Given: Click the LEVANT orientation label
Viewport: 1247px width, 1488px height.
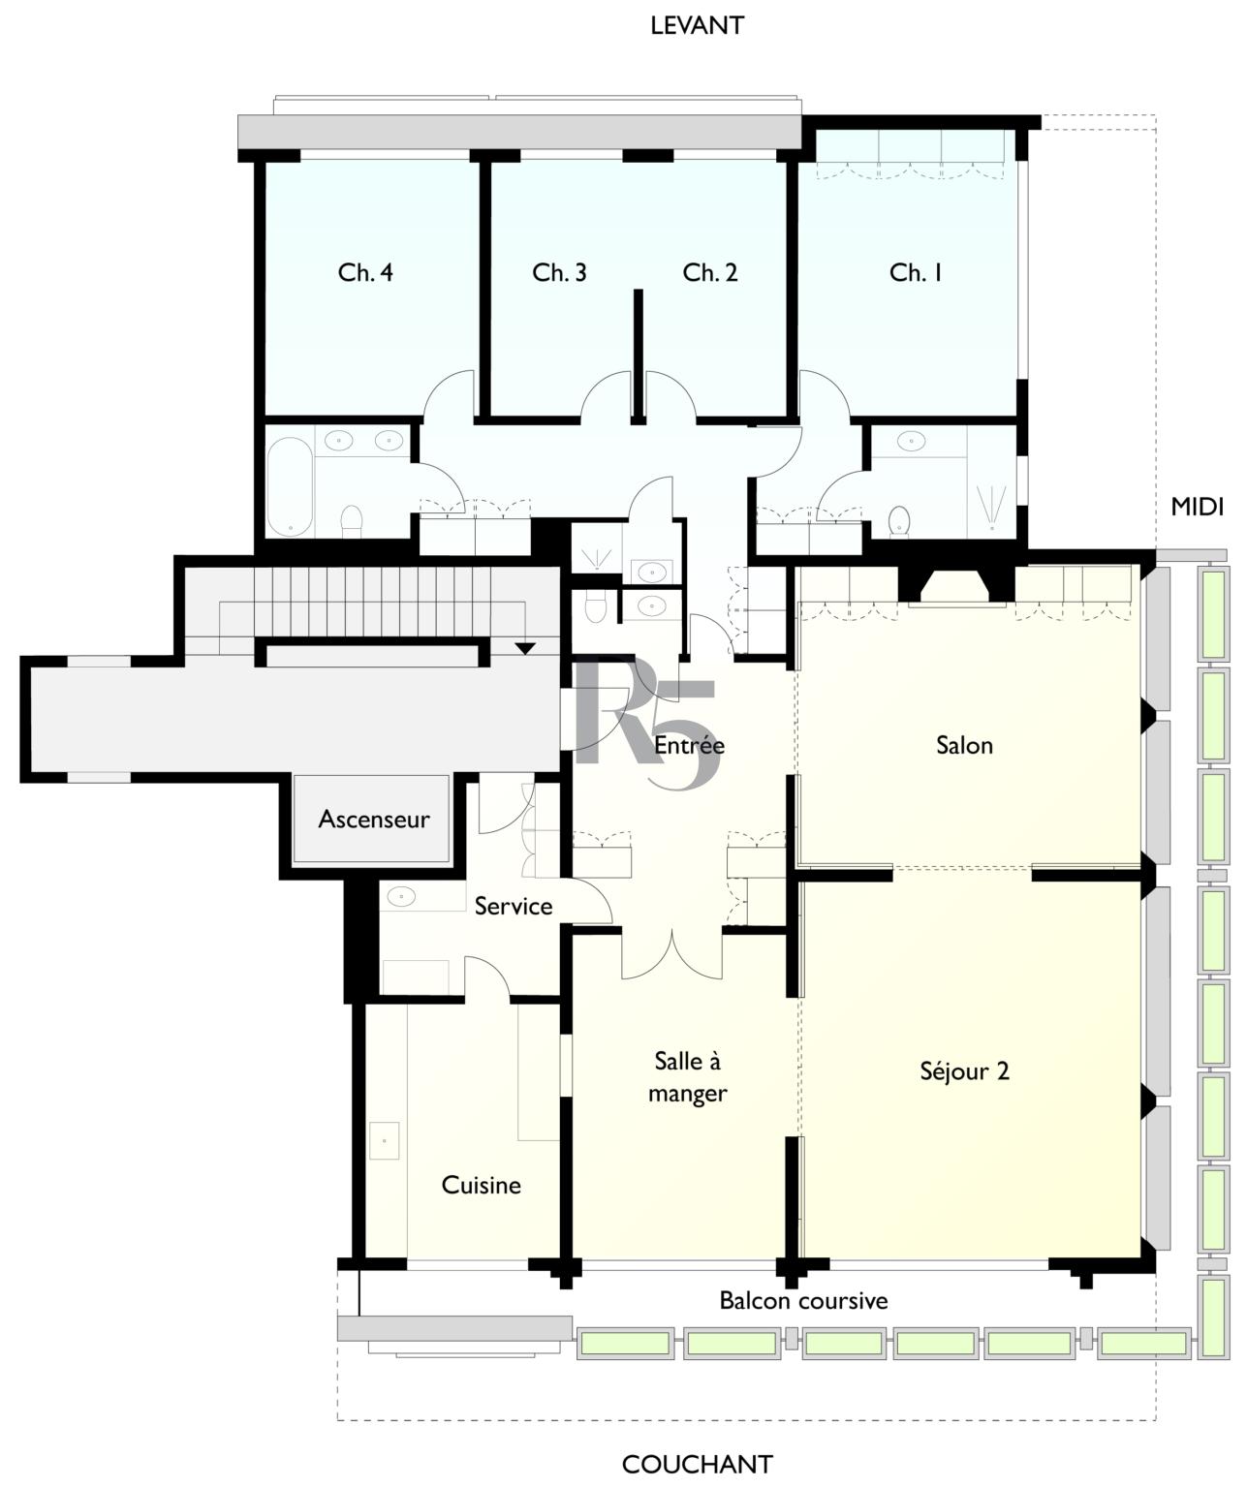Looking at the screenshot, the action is [697, 25].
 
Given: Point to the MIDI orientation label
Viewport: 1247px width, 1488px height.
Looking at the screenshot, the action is [1197, 507].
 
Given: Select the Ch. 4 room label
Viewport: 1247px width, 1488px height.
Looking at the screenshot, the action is [365, 272].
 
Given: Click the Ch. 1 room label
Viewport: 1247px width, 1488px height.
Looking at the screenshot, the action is [916, 272].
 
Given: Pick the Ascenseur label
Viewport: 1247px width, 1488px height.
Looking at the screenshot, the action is [374, 819].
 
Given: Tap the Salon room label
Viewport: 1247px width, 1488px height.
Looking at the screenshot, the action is [964, 745].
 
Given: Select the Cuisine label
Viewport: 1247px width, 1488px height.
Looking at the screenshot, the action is [481, 1185].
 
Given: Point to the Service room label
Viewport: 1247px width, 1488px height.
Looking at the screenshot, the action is [514, 906].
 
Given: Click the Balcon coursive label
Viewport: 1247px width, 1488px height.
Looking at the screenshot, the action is [803, 1301].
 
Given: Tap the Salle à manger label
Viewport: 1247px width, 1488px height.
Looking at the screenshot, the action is [687, 1077].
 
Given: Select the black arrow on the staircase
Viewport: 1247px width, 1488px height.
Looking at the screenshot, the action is [525, 648].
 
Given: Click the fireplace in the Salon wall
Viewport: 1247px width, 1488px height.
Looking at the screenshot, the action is [955, 586].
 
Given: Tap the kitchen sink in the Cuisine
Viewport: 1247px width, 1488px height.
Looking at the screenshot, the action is [384, 1141].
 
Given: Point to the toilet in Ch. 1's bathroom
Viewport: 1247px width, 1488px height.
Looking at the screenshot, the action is [900, 520].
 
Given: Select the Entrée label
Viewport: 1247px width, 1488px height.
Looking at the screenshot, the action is [689, 745].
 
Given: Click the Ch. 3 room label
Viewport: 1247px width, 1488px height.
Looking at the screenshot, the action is [559, 272].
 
